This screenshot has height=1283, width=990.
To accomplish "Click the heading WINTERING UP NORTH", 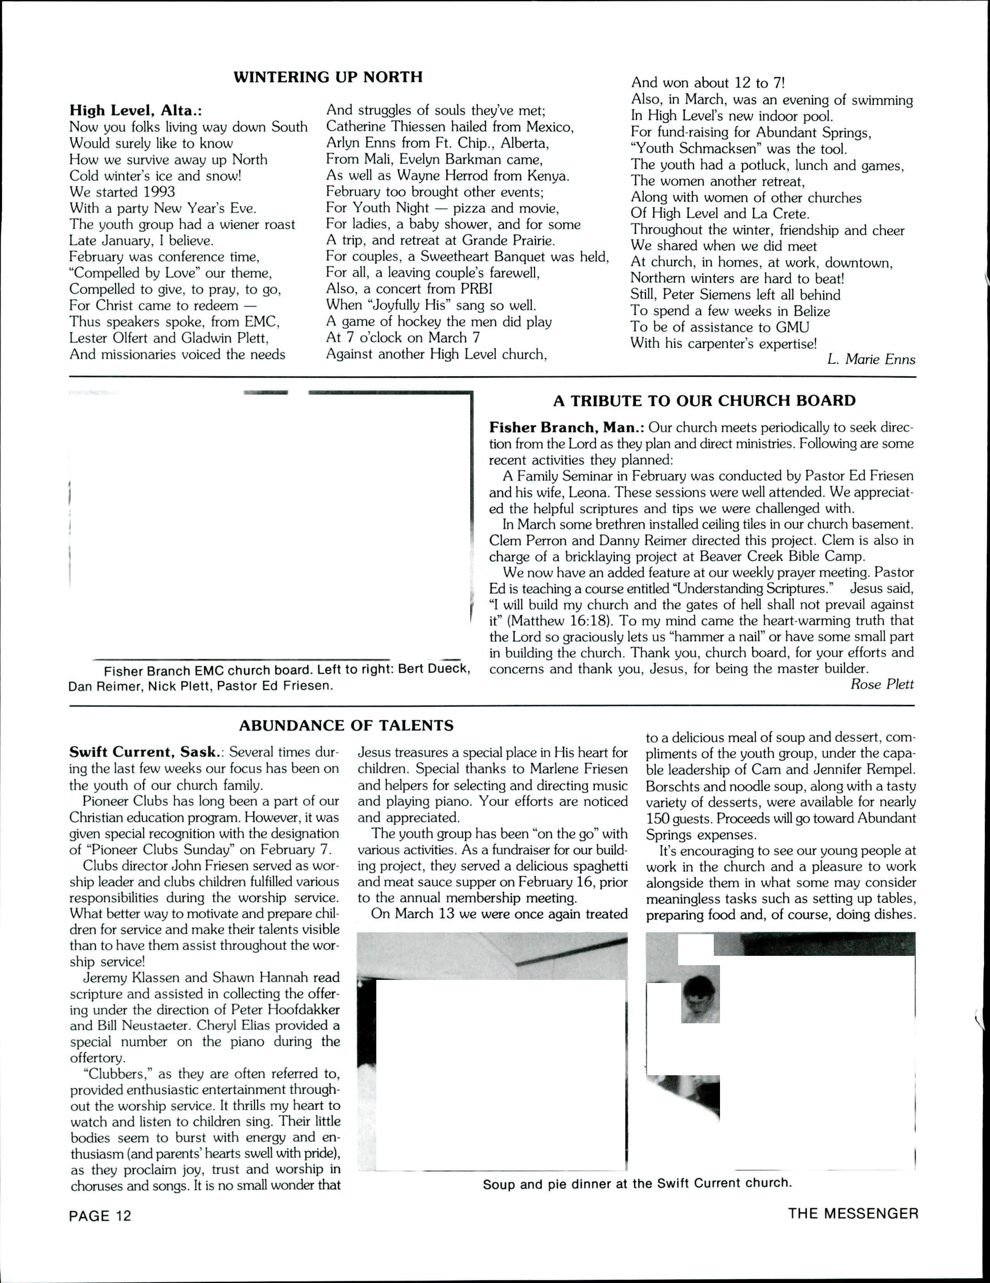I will click(x=328, y=78).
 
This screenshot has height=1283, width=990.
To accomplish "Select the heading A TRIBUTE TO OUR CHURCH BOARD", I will click(x=704, y=401).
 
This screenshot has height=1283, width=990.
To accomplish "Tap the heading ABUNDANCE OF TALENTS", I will click(x=346, y=726).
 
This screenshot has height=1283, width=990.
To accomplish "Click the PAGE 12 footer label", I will click(x=100, y=1216).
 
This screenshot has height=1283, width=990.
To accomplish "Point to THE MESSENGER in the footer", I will click(x=853, y=1214).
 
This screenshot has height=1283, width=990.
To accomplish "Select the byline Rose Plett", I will click(x=882, y=684).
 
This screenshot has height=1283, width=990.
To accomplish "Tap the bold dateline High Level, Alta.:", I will click(x=136, y=110).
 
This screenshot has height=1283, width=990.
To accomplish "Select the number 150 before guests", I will click(x=657, y=818).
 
